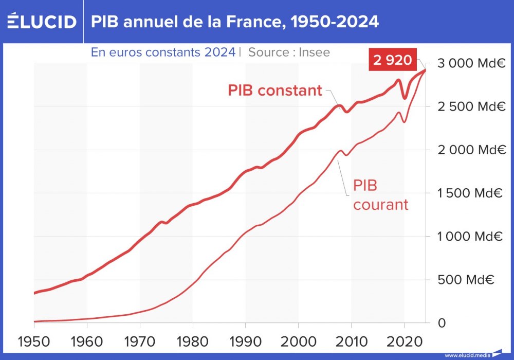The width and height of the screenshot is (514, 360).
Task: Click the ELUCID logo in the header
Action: point(42,21)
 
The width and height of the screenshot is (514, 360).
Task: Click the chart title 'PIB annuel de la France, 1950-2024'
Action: point(235,21)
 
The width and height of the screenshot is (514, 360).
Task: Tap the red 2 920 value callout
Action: point(393,60)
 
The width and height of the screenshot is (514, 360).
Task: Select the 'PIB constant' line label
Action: point(274,91)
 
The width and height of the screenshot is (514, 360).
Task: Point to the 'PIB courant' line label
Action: point(380,195)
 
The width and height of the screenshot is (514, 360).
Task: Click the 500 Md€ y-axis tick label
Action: point(465,280)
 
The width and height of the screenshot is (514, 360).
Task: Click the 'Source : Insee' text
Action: point(289,52)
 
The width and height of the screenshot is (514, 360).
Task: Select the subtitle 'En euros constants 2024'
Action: point(163,52)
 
